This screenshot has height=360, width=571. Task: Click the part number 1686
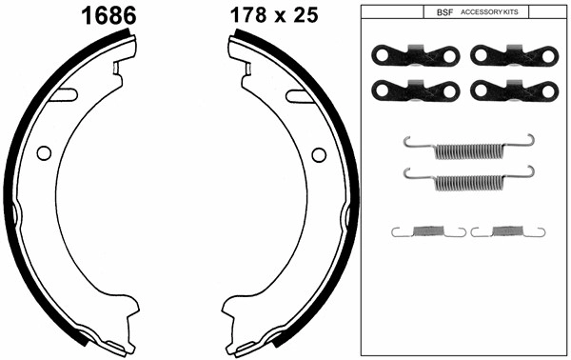click(x=108, y=16)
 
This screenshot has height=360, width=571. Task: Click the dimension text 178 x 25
click(x=274, y=15)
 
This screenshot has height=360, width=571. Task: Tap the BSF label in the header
click(x=444, y=12)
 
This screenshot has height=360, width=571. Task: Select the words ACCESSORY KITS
click(x=489, y=12)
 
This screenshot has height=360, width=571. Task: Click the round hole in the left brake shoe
click(x=44, y=153)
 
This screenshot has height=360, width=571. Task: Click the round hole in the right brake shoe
click(x=319, y=155)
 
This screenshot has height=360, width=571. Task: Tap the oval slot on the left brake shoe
click(x=64, y=94)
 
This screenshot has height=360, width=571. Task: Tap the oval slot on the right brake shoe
click(x=300, y=96)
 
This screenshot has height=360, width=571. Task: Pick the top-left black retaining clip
click(x=416, y=56)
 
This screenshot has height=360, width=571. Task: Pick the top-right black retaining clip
click(x=514, y=56)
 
